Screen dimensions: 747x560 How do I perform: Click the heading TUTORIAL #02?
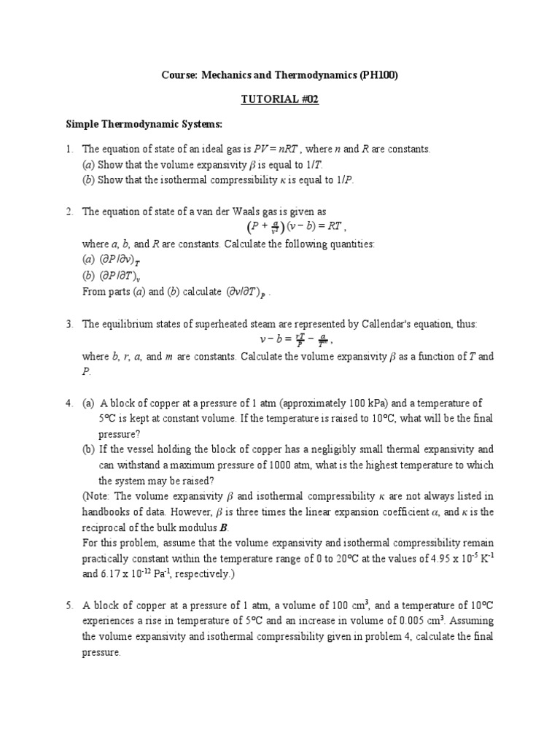(279, 99)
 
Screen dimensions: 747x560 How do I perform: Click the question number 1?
(68, 150)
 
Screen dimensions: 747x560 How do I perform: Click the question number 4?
(68, 403)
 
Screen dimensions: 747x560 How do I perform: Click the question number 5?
(68, 605)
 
